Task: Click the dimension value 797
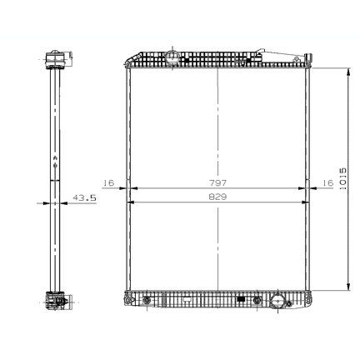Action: point(217,182)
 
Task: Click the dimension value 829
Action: point(217,197)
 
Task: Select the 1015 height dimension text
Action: point(342,178)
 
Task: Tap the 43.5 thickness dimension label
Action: point(84,197)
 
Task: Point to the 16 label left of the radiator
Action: point(108,182)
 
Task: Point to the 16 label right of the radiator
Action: point(327,182)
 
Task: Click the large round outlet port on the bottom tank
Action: point(277,301)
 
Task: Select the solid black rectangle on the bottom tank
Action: point(241,299)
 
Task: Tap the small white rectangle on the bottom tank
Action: point(187,299)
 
